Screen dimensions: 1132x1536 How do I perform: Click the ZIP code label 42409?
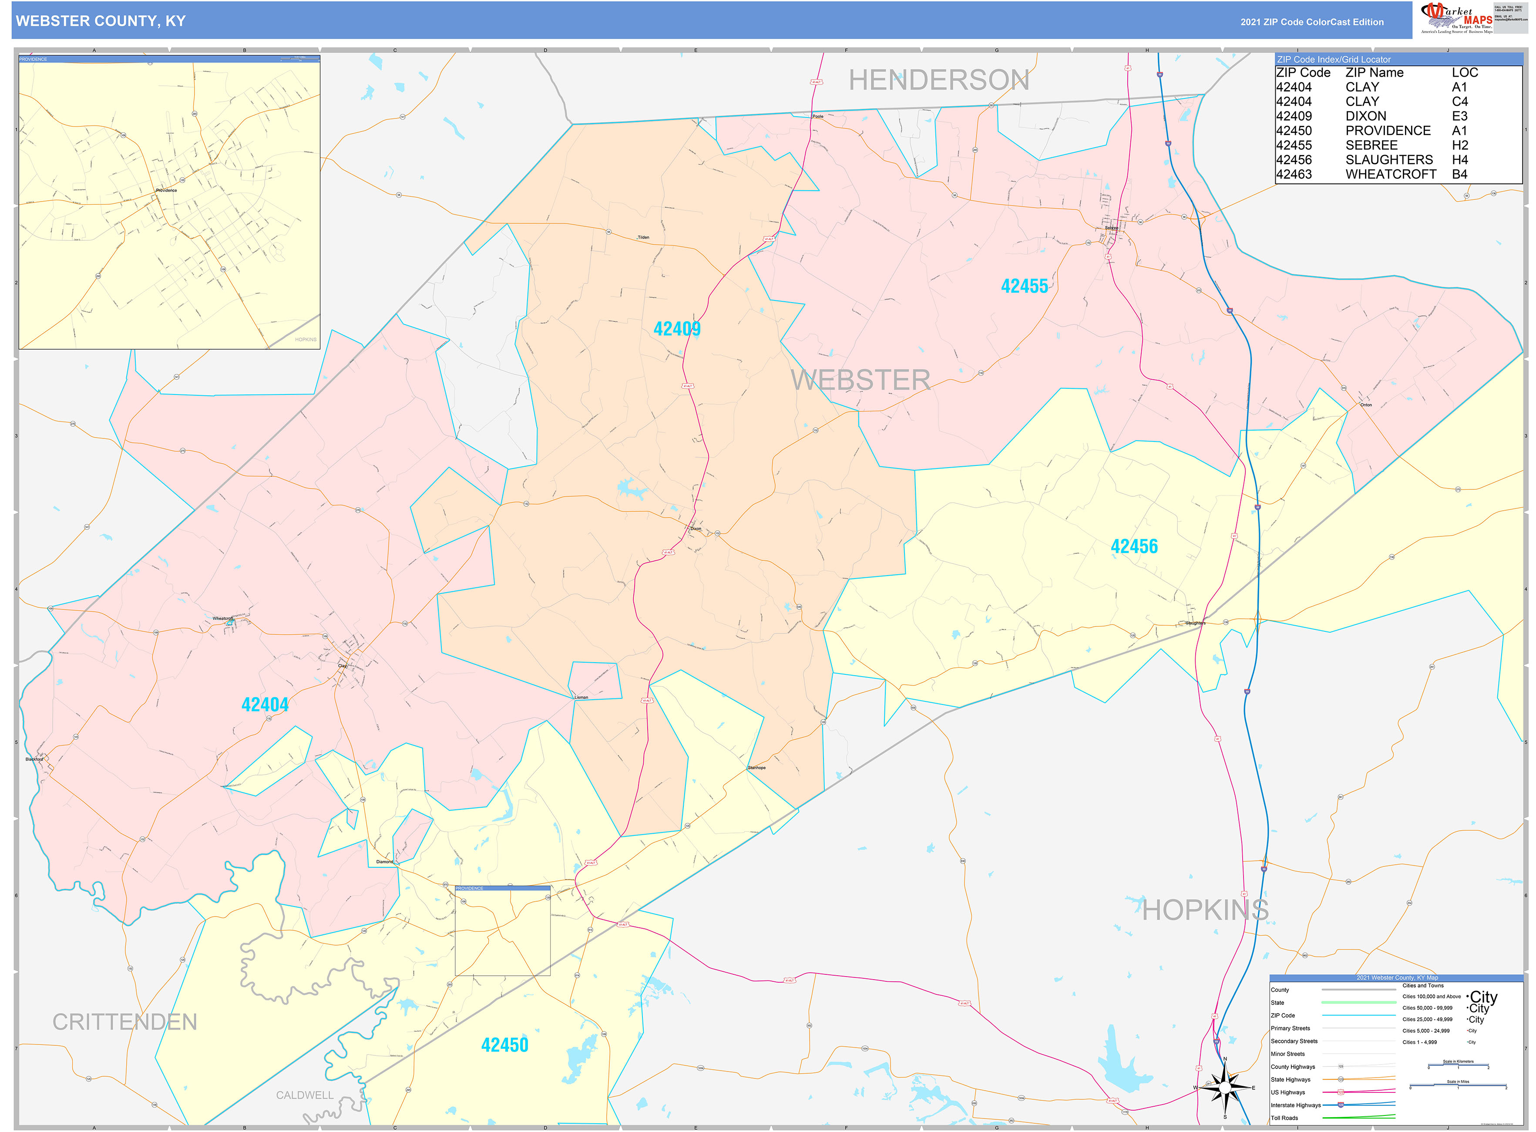coord(676,329)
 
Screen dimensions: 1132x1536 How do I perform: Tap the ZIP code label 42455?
coord(1024,286)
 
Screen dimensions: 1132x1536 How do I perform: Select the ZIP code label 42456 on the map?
coord(1134,547)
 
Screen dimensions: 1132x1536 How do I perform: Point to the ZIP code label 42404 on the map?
coord(265,704)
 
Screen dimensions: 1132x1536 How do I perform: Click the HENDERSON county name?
coord(938,80)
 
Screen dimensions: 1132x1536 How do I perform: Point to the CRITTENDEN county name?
coord(124,1022)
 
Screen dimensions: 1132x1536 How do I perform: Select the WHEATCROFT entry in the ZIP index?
coord(1390,174)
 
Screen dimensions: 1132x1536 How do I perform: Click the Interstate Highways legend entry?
coord(1295,1105)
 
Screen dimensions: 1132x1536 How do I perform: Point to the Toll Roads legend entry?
coord(1284,1118)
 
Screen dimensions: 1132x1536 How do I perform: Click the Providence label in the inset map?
coord(166,191)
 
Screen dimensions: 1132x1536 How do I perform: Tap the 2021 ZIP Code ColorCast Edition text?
coord(1311,22)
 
